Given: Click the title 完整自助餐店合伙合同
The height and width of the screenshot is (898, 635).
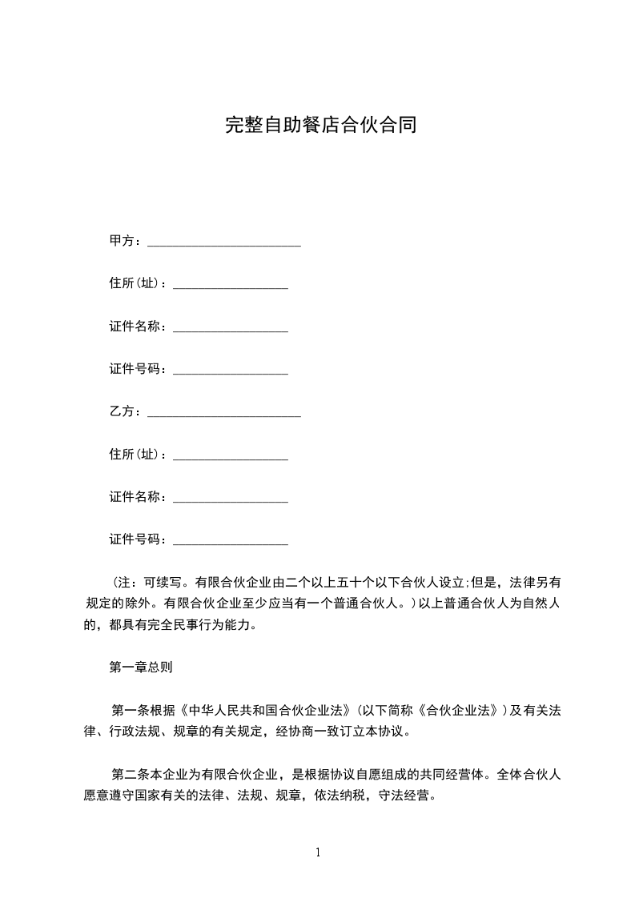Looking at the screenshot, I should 320,126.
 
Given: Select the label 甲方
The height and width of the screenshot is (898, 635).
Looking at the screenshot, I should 122,241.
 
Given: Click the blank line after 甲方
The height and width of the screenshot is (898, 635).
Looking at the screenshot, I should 224,243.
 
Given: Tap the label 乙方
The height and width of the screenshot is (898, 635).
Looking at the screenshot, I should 122,411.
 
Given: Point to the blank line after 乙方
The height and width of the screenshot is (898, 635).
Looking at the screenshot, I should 224,413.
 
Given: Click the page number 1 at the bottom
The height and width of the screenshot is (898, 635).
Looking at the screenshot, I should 318,852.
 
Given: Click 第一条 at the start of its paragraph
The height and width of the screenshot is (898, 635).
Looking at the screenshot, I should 129,709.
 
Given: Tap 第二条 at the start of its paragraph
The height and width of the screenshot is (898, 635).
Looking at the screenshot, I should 129,774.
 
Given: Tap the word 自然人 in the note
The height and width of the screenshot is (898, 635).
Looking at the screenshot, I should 540,603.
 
